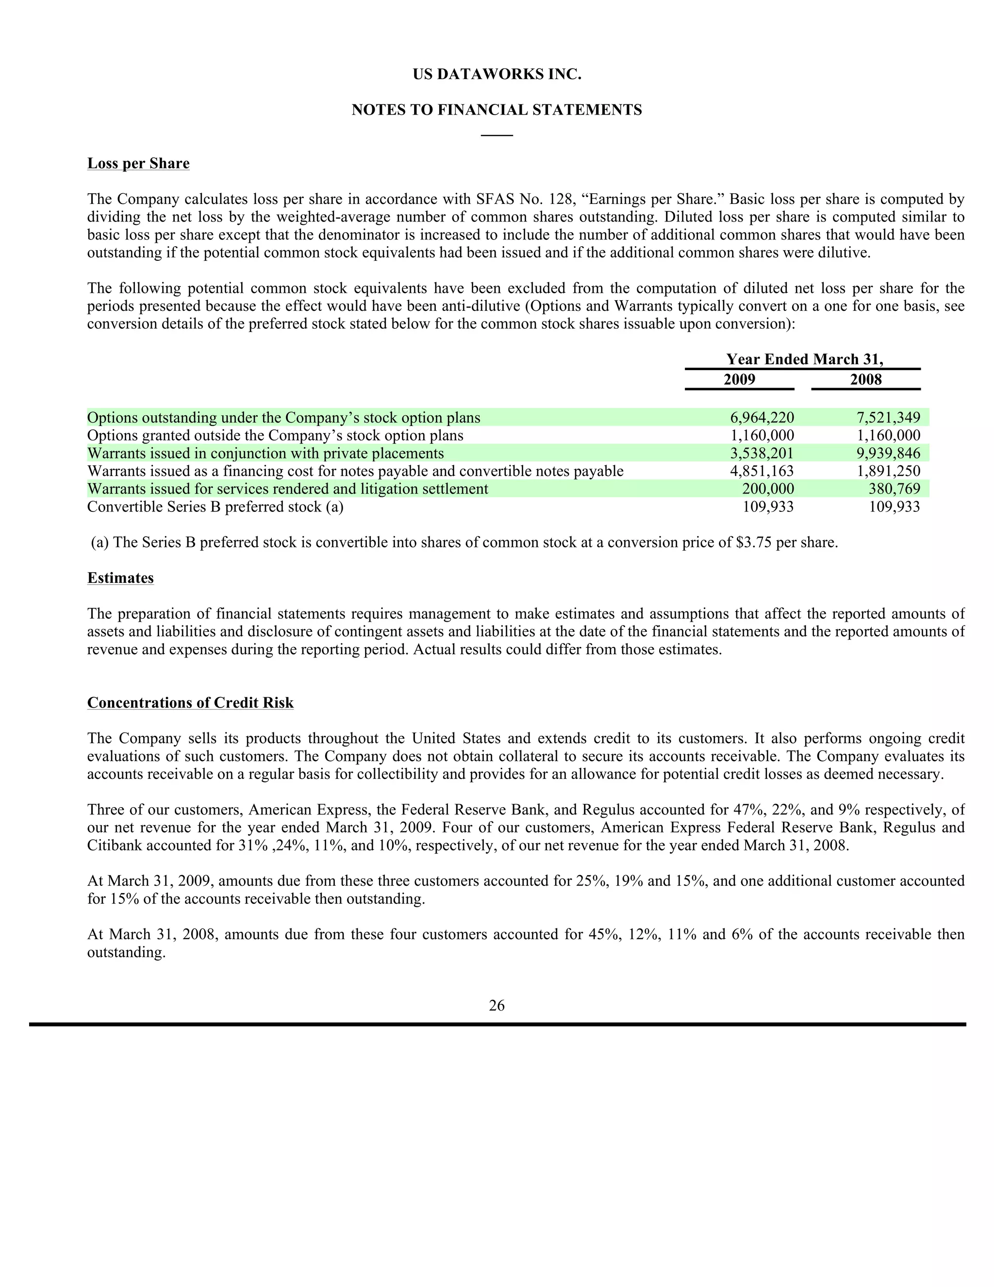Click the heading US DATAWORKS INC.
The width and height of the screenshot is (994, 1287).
tap(497, 74)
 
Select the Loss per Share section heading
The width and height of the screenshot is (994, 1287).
tap(138, 163)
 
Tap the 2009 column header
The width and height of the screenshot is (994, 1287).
tap(739, 379)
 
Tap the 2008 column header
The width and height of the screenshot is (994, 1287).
tap(866, 379)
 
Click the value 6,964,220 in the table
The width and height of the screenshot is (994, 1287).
tap(762, 418)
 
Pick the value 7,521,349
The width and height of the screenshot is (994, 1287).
tap(888, 418)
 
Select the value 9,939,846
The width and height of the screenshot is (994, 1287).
tap(888, 453)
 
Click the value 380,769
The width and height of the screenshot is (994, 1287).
tap(894, 489)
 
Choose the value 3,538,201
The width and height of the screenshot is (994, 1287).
tap(762, 453)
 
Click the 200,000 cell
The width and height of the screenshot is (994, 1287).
tap(767, 489)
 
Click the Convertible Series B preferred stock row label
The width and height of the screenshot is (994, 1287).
tap(215, 507)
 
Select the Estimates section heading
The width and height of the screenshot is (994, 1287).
tap(120, 578)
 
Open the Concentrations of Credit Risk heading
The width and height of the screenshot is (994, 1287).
tap(190, 703)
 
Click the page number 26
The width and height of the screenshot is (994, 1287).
tap(497, 1005)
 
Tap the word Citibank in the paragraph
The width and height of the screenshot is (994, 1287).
tap(114, 846)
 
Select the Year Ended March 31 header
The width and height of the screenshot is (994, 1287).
tap(804, 359)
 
